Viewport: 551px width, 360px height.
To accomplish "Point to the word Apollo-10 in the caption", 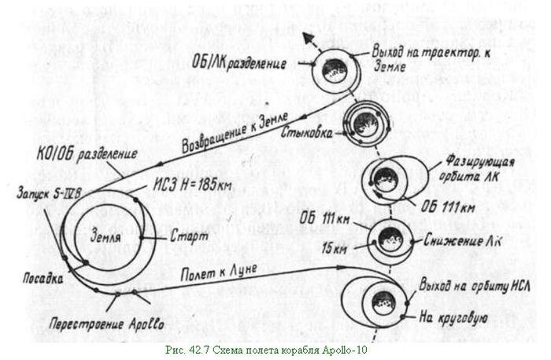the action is (x=344, y=347).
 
